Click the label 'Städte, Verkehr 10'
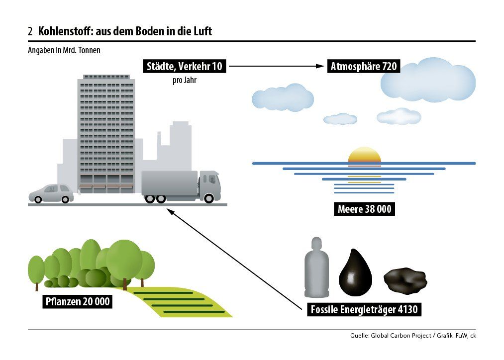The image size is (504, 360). tap(184, 66)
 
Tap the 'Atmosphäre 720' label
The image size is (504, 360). tap(364, 66)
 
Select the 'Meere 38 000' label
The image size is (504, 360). tap(364, 209)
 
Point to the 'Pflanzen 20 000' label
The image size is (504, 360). tap(78, 301)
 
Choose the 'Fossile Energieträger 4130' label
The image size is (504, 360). tap(364, 310)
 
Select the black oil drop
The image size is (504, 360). tap(355, 272)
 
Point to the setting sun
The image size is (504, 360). tap(364, 155)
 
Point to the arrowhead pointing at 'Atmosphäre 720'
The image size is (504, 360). tap(322, 66)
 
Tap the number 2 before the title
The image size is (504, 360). tap(30, 32)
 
